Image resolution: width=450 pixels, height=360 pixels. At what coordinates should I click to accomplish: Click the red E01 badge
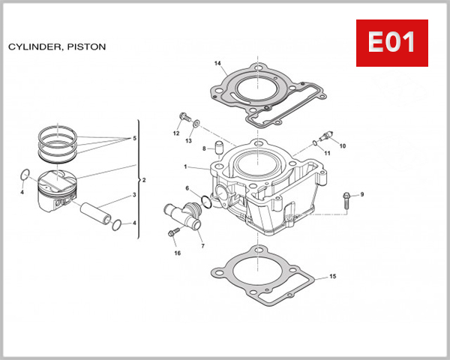(391, 43)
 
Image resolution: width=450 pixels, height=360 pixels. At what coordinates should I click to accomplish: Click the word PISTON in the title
(86, 46)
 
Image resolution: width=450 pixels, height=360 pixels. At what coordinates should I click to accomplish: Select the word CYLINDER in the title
(33, 46)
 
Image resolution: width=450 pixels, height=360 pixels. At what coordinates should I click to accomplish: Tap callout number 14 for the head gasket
(217, 63)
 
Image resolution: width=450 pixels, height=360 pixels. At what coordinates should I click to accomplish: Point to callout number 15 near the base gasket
(333, 277)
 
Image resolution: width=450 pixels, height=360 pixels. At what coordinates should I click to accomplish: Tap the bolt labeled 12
(182, 118)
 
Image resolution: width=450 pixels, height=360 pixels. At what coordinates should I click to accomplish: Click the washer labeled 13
(196, 123)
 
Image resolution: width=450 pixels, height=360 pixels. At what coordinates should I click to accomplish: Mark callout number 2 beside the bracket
(143, 181)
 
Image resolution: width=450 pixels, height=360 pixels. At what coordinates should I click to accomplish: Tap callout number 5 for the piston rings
(134, 139)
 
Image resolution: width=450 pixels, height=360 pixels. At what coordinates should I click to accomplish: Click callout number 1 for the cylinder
(184, 166)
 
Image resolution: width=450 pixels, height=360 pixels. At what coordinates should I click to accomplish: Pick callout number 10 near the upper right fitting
(343, 145)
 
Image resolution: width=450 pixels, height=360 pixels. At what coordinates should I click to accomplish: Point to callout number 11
(327, 153)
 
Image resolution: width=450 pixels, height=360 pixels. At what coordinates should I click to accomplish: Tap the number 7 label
(202, 246)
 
